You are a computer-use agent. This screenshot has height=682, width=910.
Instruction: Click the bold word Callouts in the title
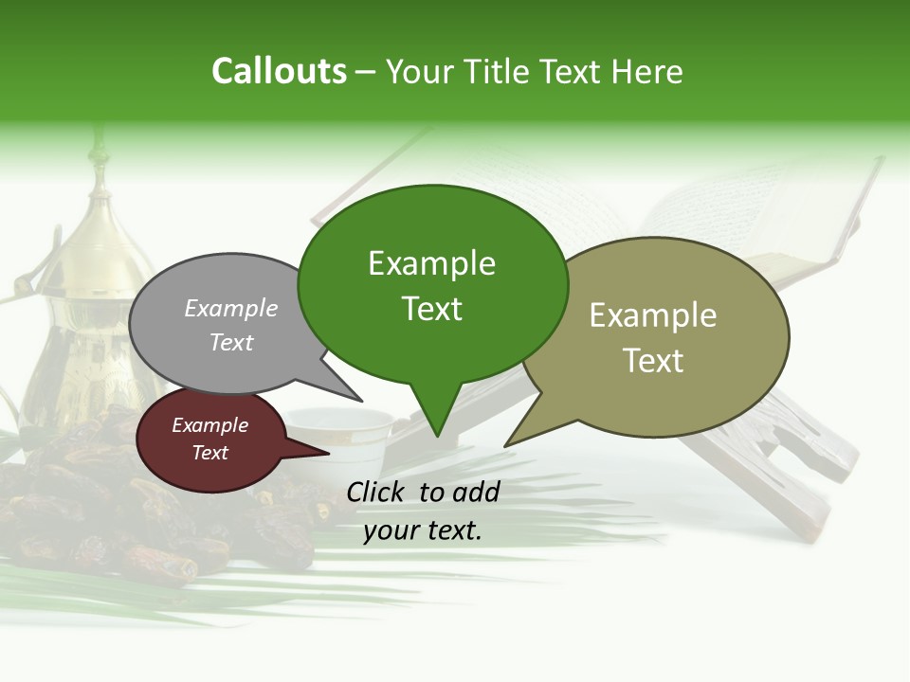279,71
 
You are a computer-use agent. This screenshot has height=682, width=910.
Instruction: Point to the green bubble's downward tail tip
436,435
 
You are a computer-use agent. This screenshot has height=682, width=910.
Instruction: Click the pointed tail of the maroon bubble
327,453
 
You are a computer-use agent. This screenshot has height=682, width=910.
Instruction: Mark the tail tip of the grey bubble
361,400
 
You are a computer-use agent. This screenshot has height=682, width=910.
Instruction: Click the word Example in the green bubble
431,263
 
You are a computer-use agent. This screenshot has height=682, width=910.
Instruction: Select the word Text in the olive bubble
653,361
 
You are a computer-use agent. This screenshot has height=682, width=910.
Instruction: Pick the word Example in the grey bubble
230,308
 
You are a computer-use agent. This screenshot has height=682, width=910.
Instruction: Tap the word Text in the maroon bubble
210,453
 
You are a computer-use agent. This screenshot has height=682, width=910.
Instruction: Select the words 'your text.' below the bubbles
423,530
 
